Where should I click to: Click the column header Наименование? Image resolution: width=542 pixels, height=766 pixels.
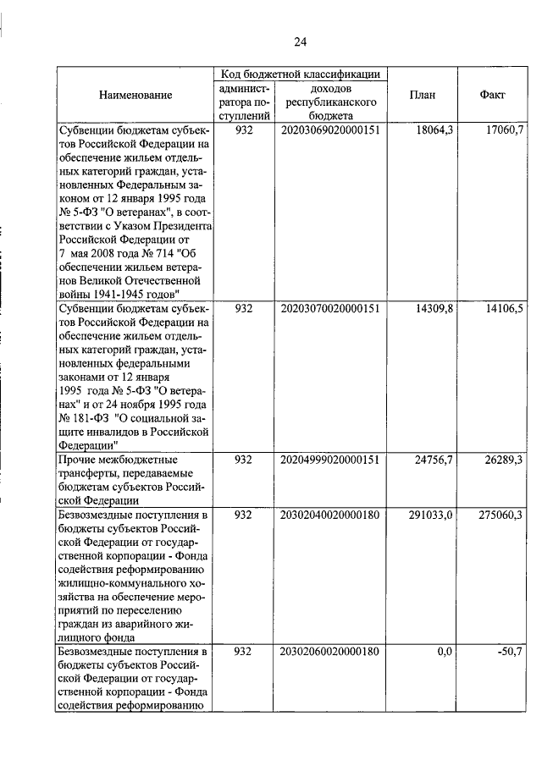point(135,95)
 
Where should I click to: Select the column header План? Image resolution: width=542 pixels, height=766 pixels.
point(422,95)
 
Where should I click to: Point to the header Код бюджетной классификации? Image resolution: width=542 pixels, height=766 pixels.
point(301,74)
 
